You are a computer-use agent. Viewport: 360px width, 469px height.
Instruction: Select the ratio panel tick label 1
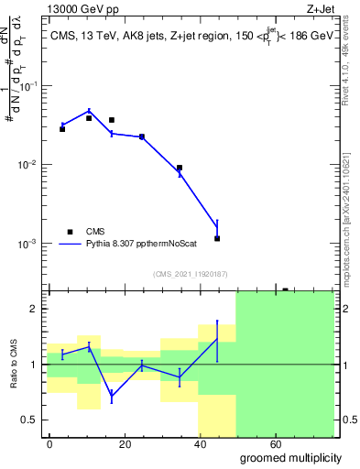tap(33, 365)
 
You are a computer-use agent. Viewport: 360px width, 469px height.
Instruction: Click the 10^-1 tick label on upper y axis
tap(27, 86)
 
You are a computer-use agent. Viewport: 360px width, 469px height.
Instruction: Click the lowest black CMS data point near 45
tap(217, 238)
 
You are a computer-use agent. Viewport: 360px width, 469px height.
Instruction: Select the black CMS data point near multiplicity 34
tap(180, 168)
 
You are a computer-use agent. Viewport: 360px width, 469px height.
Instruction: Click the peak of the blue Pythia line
tap(89, 110)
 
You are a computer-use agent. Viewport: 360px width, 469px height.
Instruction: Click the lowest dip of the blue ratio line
tap(112, 398)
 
